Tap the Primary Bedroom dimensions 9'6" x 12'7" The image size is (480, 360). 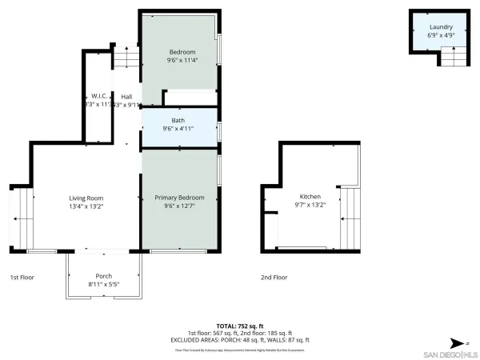[179, 206]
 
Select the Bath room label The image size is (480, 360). [178, 120]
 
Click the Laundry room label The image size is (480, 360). [441, 26]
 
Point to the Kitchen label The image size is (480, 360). [310, 196]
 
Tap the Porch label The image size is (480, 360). [104, 276]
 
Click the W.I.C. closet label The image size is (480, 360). [100, 96]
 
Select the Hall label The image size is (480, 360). [126, 96]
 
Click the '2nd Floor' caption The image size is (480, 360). [274, 277]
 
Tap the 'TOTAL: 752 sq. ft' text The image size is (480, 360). [240, 326]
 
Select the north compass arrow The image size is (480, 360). [454, 340]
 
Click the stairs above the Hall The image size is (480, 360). [125, 58]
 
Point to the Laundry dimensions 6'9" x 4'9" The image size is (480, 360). [441, 35]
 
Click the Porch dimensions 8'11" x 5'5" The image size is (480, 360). [104, 285]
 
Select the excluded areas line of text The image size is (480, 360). [240, 339]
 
